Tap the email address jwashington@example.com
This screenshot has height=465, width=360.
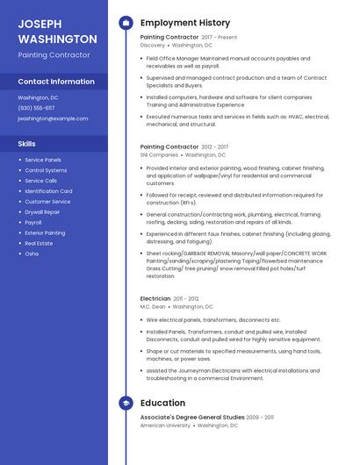(53, 118)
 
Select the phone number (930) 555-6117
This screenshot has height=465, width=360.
(36, 108)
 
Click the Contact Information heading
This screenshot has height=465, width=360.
(56, 82)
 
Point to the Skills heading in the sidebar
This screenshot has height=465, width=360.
(26, 143)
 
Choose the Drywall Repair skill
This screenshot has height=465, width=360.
(42, 212)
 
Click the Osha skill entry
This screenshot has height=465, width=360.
(32, 254)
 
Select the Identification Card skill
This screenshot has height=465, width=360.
(48, 191)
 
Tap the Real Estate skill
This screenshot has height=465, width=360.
(39, 243)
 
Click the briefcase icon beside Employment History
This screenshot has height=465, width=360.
(125, 23)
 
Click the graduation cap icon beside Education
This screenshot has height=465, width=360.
(125, 403)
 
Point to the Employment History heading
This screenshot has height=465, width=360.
(185, 23)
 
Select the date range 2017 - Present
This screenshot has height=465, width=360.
(220, 38)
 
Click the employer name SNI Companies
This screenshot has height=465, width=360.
(159, 154)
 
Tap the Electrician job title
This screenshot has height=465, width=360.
(155, 299)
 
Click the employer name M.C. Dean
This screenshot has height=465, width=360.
(153, 307)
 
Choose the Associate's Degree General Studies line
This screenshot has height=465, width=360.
(192, 418)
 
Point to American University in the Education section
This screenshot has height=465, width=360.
(165, 426)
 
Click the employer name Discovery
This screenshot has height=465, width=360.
(153, 46)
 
